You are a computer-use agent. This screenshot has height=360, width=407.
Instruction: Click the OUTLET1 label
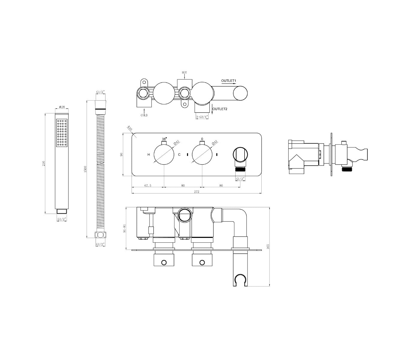pyautogui.click(x=229, y=81)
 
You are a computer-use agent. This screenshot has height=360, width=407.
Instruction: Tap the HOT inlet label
pyautogui.click(x=184, y=73)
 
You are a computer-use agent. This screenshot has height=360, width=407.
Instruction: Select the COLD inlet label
pyautogui.click(x=144, y=115)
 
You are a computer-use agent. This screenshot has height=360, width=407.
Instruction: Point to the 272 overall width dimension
pyautogui.click(x=197, y=191)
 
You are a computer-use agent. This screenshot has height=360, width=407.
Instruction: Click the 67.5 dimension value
pyautogui.click(x=148, y=186)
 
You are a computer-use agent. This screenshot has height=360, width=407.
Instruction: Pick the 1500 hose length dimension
pyautogui.click(x=85, y=169)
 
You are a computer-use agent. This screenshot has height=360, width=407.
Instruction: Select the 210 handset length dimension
pyautogui.click(x=44, y=163)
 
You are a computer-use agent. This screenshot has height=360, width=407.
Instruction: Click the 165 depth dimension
pyautogui.click(x=268, y=246)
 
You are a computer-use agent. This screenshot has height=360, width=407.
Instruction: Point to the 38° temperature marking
pyautogui.click(x=164, y=139)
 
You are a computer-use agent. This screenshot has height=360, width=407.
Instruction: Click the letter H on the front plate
pyautogui.click(x=148, y=155)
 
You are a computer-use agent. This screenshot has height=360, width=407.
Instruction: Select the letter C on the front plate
pyautogui.click(x=179, y=155)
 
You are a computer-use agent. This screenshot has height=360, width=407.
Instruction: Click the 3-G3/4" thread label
pyautogui.click(x=202, y=117)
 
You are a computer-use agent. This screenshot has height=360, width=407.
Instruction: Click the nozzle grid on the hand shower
pyautogui.click(x=62, y=133)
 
